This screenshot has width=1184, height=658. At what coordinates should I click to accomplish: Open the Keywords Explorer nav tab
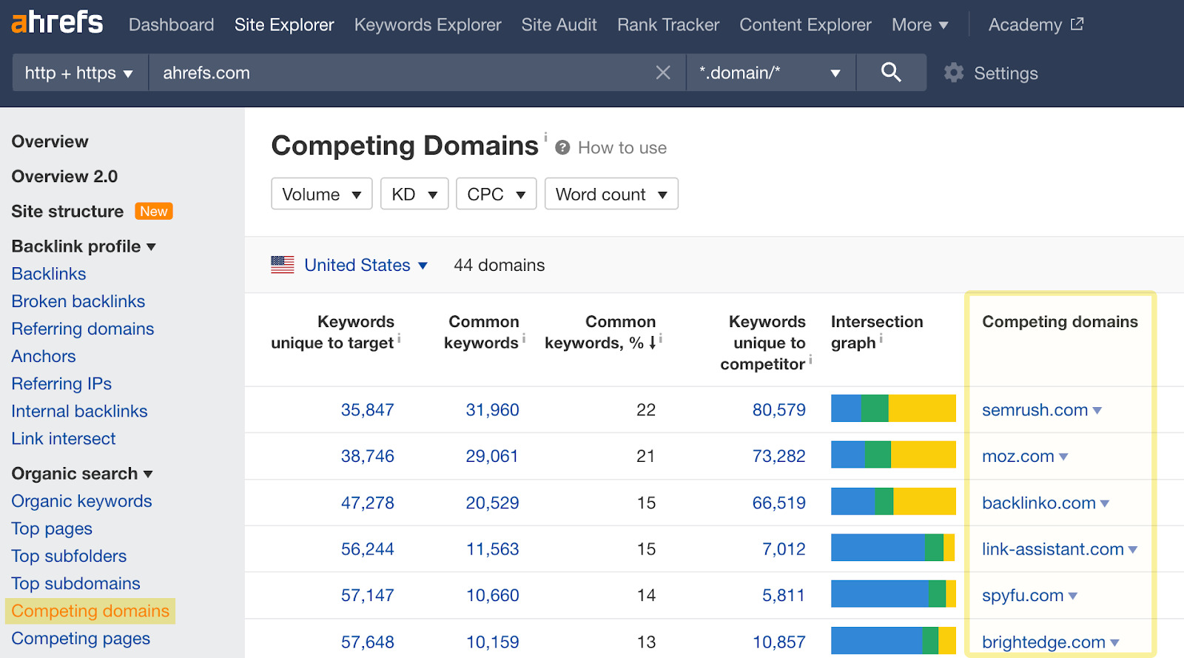click(427, 25)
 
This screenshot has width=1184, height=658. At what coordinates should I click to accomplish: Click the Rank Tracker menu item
click(667, 25)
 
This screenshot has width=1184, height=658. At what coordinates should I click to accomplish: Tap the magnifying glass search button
click(891, 73)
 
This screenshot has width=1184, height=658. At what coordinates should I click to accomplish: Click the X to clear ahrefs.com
click(663, 73)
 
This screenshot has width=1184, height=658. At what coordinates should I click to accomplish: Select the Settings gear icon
click(954, 73)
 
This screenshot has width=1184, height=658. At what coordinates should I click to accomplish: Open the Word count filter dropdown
click(610, 194)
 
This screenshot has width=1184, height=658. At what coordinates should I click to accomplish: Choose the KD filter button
click(414, 194)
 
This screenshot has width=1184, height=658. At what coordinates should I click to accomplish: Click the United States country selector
click(357, 265)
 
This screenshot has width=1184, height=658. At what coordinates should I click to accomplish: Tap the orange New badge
click(154, 212)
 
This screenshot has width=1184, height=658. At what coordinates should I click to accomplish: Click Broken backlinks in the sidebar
click(78, 301)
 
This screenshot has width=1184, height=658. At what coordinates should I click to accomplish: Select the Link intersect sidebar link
click(64, 439)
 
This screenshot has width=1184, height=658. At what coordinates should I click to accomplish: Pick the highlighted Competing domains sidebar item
click(90, 611)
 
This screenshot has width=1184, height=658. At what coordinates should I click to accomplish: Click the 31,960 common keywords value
click(492, 410)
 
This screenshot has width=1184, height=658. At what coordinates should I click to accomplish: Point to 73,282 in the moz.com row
click(778, 456)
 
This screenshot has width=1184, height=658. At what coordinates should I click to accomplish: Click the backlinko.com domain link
click(1038, 503)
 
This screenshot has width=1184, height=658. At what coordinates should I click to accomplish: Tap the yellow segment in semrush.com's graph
click(921, 409)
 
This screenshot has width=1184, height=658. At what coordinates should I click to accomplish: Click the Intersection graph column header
click(876, 332)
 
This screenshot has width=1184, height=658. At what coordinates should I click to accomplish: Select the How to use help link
click(622, 148)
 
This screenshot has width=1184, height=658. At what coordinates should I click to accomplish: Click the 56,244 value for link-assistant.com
click(367, 549)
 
